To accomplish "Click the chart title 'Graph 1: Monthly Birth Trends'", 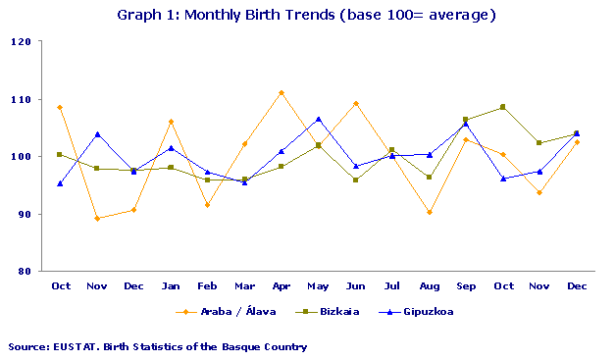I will (306, 15).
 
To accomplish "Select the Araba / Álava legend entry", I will (224, 312).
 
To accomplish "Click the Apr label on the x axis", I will (282, 285).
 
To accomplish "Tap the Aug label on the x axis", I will (429, 285).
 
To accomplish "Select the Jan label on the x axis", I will (171, 285).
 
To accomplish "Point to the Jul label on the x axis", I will (392, 285).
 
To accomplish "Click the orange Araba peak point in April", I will (282, 92).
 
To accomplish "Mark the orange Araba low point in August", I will (430, 212).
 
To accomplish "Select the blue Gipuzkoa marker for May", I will (318, 119).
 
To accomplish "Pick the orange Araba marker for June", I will (355, 103).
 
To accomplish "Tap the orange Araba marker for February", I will (207, 205).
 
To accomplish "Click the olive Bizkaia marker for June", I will (355, 180).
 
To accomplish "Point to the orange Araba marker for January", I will (171, 122).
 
